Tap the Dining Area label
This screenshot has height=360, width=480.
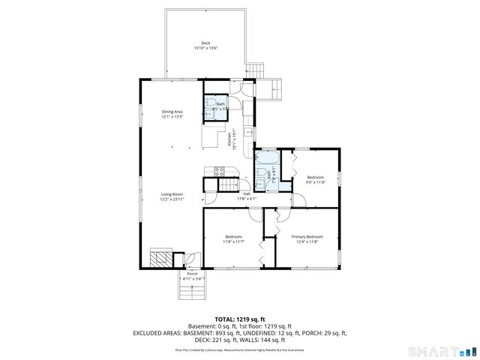tap(172, 114)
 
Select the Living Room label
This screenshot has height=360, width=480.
tap(172, 196)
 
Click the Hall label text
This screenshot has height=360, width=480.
tap(247, 196)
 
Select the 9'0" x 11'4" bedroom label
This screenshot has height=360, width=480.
tap(316, 179)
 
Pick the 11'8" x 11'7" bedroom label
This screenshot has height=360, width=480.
tap(233, 239)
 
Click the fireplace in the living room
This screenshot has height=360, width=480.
tap(160, 259)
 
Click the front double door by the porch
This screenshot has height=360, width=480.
tap(192, 259)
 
